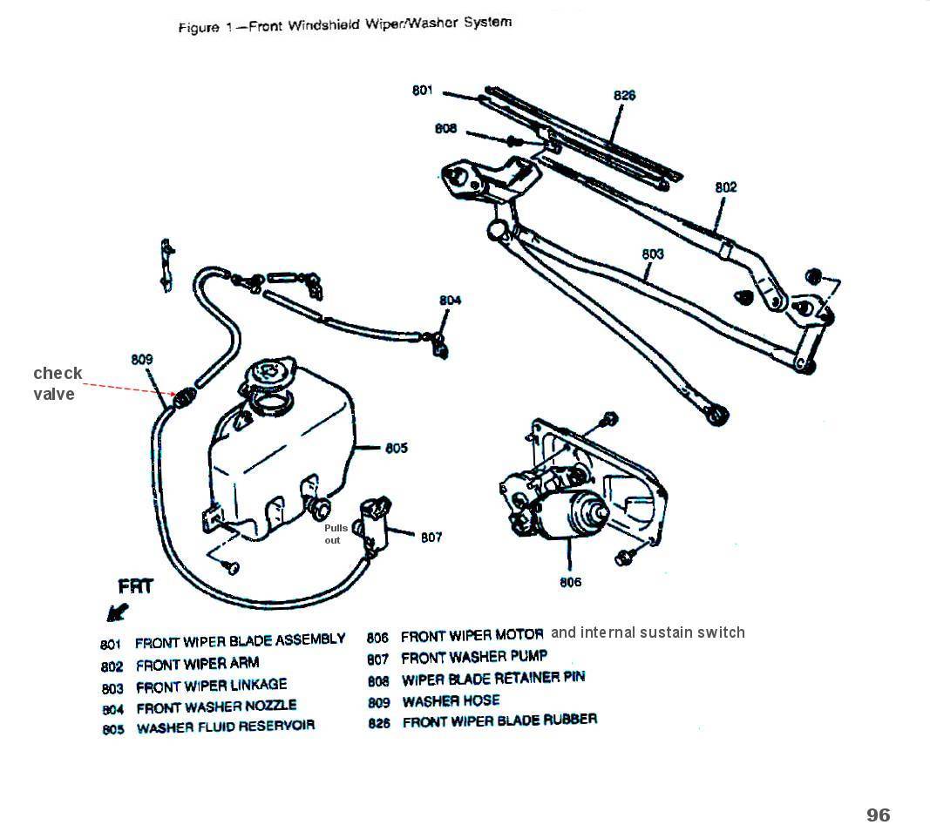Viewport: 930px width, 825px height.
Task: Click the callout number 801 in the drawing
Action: click(x=422, y=90)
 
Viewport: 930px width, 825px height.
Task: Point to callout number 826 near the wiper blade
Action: click(x=624, y=95)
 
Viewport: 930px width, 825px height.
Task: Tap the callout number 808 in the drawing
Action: click(x=445, y=129)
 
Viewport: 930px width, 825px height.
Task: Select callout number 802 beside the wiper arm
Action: click(x=725, y=186)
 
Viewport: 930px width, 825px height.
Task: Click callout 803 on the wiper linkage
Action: click(x=652, y=254)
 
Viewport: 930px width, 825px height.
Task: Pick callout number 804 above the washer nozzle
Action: click(x=450, y=301)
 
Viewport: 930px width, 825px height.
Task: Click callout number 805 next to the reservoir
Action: click(x=397, y=448)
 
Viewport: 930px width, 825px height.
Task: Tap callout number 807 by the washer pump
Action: click(x=431, y=538)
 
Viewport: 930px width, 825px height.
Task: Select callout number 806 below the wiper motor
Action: click(x=570, y=582)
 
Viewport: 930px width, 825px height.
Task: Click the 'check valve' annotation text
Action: click(x=58, y=383)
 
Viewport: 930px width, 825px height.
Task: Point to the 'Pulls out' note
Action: click(x=336, y=534)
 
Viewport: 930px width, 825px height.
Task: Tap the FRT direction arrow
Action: click(x=117, y=612)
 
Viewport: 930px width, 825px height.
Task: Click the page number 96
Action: click(x=878, y=814)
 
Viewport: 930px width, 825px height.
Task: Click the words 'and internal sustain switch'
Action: click(x=648, y=632)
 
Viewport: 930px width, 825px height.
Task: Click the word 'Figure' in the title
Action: click(x=198, y=27)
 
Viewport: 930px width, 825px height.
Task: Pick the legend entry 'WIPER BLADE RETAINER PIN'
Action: click(x=492, y=679)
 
